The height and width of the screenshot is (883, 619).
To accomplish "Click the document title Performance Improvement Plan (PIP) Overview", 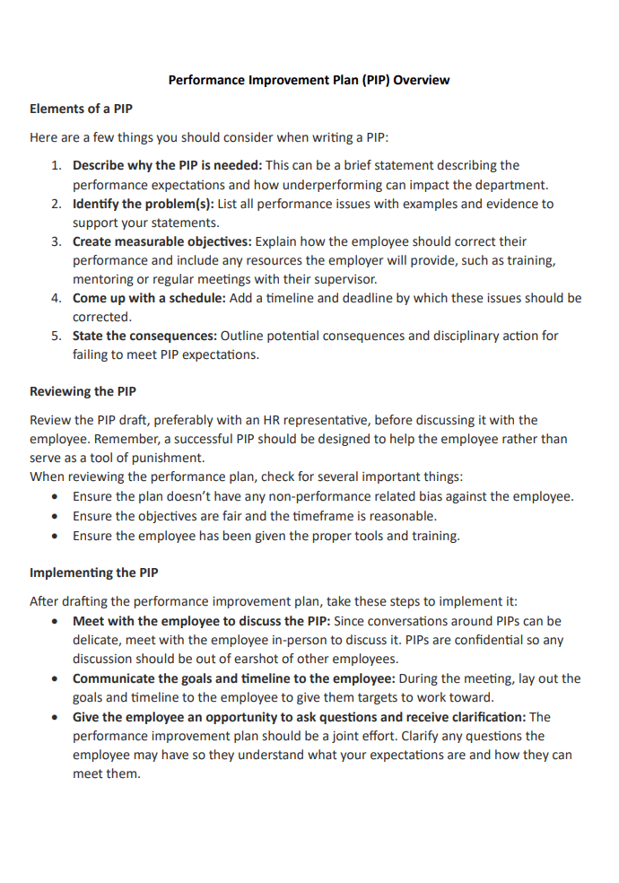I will point(309,80).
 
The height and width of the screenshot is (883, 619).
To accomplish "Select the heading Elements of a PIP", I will point(81,109).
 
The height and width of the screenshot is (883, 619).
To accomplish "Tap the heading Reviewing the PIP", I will point(83,391).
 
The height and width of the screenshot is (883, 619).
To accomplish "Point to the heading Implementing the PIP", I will point(93,573).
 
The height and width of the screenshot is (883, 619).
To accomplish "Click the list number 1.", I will point(56,165).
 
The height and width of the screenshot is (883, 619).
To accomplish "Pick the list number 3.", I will point(56,241).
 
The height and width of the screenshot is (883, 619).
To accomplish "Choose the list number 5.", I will point(56,336).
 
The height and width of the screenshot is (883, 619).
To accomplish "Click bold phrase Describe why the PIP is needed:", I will point(167,165).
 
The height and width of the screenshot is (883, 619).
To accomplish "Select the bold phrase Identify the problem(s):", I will point(143,204).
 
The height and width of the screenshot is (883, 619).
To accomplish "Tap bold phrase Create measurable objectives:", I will point(162,241).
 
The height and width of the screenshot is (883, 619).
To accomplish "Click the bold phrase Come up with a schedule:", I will point(149,298).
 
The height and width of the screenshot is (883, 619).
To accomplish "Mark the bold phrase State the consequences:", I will point(144,336).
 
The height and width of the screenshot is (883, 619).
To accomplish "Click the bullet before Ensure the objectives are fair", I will point(57,517).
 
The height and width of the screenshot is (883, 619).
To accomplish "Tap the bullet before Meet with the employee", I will point(57,621).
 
